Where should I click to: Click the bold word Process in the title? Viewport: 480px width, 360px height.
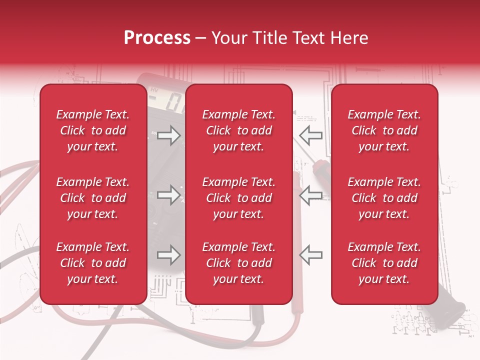157,38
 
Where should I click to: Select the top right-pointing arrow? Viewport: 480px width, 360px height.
168,135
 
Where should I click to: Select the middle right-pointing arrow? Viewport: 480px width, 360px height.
168,195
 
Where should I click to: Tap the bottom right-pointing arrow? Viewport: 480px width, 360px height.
168,255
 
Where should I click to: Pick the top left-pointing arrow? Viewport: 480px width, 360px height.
311,135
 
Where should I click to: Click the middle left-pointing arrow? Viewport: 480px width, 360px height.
311,195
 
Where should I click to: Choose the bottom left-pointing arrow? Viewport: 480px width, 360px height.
311,255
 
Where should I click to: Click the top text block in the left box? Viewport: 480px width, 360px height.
93,130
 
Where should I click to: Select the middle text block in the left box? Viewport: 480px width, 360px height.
93,198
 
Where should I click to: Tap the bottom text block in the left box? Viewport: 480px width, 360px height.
93,263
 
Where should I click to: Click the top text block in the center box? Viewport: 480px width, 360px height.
239,130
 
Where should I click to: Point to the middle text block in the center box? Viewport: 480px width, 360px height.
239,198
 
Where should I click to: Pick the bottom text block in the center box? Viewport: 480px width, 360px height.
239,263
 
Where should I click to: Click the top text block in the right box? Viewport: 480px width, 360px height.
384,130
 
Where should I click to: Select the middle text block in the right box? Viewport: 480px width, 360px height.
384,198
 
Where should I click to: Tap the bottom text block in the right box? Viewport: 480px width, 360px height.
384,263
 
